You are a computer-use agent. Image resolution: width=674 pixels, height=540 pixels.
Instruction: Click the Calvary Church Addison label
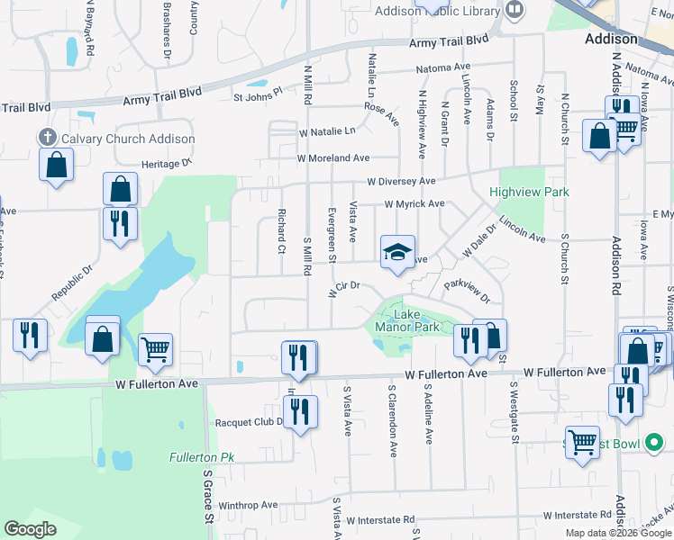click(127, 139)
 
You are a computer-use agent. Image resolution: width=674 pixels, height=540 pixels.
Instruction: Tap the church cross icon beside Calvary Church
click(48, 138)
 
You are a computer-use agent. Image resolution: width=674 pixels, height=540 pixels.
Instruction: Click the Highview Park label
click(529, 192)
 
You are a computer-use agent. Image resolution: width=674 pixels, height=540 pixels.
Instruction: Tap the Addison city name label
click(611, 39)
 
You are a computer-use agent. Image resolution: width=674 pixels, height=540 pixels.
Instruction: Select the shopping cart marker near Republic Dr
click(156, 348)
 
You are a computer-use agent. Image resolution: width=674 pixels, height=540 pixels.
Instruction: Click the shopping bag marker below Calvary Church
click(56, 166)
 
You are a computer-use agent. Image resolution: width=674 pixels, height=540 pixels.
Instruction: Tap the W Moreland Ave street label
click(334, 157)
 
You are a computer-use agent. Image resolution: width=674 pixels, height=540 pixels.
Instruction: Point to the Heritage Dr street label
click(167, 165)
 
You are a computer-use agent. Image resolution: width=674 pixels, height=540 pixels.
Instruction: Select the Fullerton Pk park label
click(201, 457)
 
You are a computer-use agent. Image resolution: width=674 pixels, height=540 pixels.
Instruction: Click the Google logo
click(31, 529)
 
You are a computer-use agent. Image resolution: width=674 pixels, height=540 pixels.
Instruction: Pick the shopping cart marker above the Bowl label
click(582, 441)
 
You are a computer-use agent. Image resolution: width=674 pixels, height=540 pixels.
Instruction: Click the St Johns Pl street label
click(258, 92)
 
